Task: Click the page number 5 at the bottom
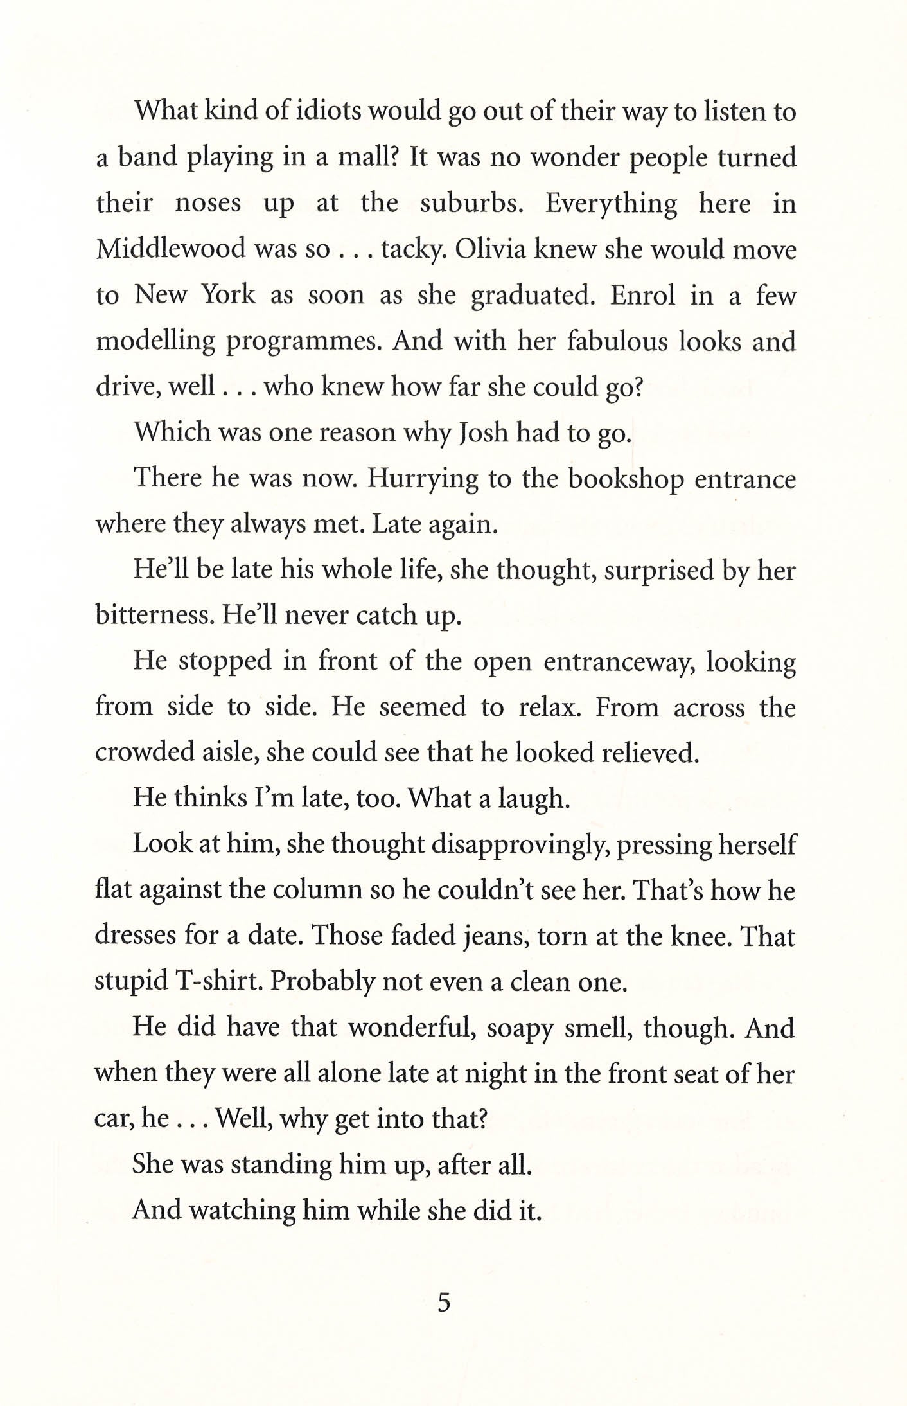444,1303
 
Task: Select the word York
229,295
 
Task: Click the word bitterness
151,616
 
